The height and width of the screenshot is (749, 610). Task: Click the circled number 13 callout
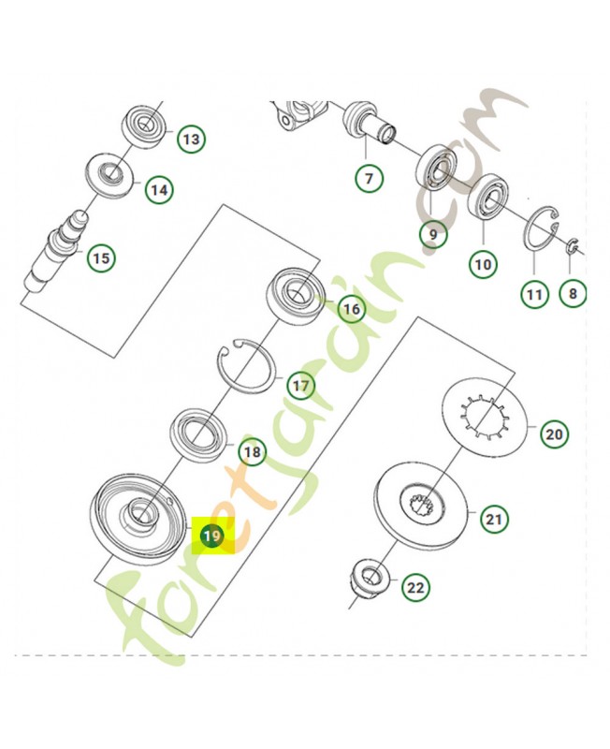click(x=192, y=139)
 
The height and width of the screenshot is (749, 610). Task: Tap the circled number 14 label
click(x=159, y=190)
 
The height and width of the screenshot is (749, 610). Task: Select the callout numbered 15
click(x=101, y=258)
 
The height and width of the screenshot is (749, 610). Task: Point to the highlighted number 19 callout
click(x=212, y=536)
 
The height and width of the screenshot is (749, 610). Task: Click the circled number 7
click(x=369, y=178)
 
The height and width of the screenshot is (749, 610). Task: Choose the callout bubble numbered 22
click(x=415, y=587)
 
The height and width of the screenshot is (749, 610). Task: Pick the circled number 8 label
click(x=573, y=293)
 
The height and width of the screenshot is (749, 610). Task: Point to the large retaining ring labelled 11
click(x=542, y=228)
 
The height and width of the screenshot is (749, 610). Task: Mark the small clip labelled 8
click(x=573, y=246)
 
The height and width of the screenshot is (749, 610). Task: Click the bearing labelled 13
click(x=146, y=126)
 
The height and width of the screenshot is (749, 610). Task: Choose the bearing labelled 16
click(x=296, y=293)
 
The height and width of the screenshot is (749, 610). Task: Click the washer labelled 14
click(x=110, y=174)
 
